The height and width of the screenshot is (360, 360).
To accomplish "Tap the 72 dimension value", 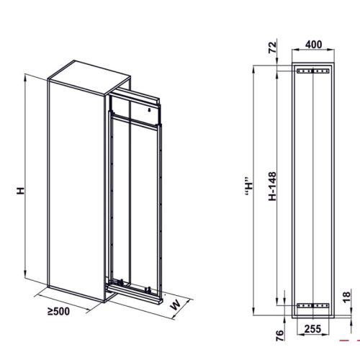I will tap(273, 50).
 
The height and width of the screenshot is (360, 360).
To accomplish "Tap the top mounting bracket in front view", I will tap(311, 71).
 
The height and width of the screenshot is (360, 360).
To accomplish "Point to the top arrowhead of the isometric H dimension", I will tap(27, 76).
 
